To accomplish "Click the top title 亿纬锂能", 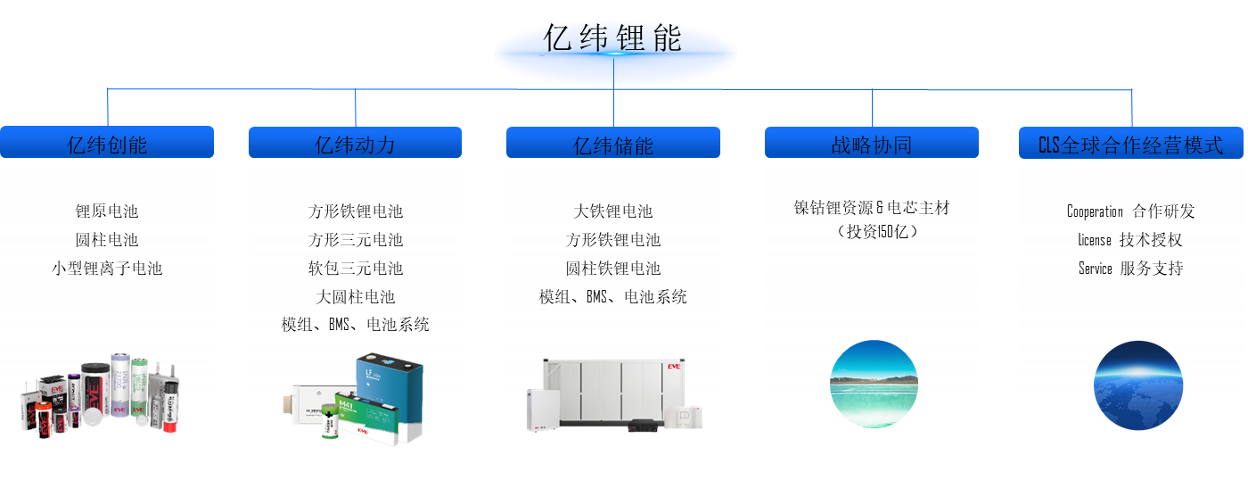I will click(614, 39).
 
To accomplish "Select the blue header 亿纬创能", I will click(107, 145).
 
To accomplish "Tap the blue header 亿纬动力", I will click(355, 145).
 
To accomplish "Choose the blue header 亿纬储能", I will click(613, 145).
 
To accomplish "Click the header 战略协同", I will click(871, 145).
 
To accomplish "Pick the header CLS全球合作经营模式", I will click(1130, 145).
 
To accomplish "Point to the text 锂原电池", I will click(107, 211).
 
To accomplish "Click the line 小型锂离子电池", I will click(107, 269).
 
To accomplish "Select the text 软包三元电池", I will click(355, 269).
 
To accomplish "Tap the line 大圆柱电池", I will click(355, 297).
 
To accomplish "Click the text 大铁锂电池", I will click(613, 211).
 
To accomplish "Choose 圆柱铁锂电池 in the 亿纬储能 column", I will click(613, 269).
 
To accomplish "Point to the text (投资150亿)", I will click(871, 232).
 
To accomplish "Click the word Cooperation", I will click(1095, 211).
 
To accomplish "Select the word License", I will click(1095, 240).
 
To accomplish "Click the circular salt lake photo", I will click(873, 384).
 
